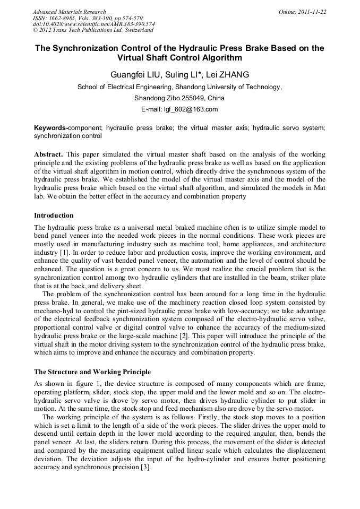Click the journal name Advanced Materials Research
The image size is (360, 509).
point(69,12)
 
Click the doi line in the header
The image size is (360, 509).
point(93,24)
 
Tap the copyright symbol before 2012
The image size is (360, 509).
point(35,30)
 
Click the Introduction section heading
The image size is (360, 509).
point(54,215)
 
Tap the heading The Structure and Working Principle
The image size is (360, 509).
point(92,372)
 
